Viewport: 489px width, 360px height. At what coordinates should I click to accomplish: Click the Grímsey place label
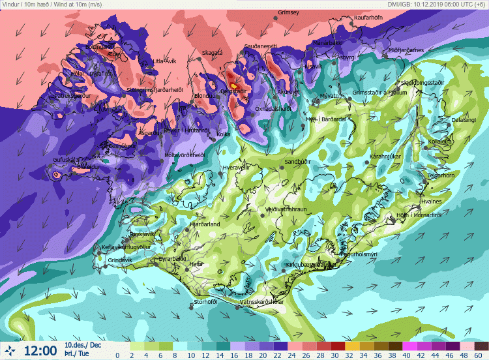[288, 12]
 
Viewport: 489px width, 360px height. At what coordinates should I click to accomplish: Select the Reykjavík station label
[145, 233]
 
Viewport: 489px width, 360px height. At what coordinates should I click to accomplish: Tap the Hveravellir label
[237, 168]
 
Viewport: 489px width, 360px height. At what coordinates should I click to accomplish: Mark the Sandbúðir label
[297, 161]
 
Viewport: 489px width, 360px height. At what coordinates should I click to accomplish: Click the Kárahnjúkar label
[385, 157]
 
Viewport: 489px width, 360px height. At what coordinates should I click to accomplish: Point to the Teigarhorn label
[441, 175]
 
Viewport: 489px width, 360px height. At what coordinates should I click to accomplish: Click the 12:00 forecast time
[40, 351]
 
